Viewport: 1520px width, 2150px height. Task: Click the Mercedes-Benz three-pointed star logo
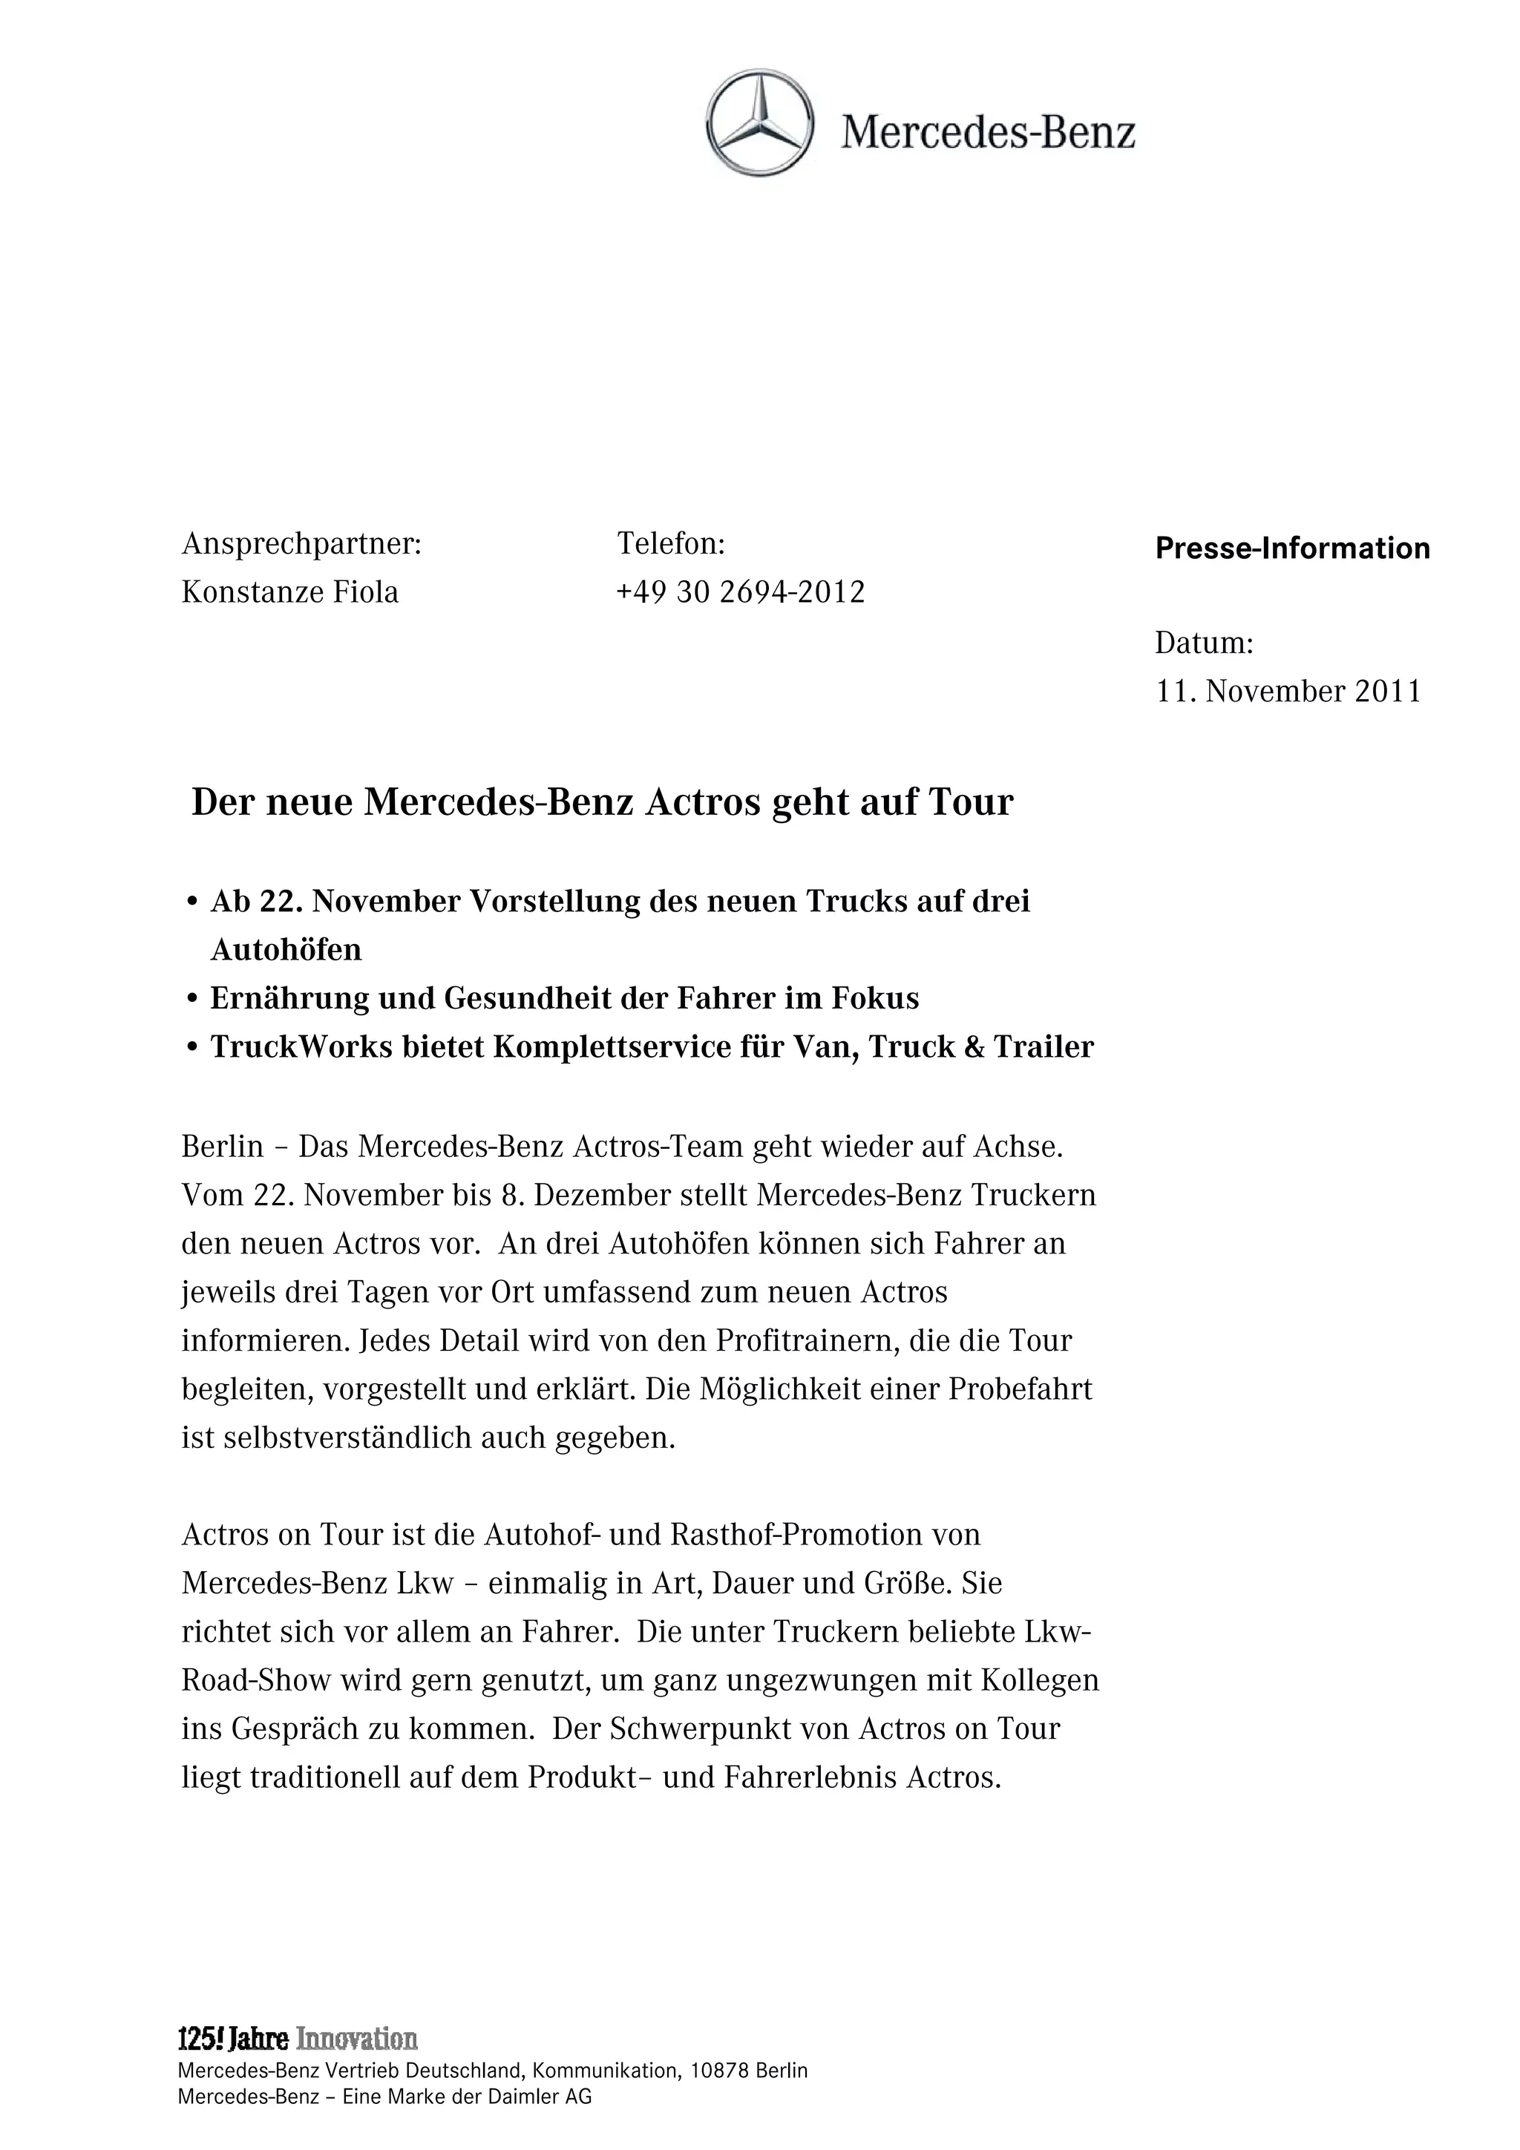click(x=759, y=122)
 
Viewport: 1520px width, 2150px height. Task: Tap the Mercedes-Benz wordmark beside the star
click(x=988, y=133)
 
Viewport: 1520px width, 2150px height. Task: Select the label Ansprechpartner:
click(x=301, y=544)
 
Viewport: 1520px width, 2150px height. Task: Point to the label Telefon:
click(x=670, y=544)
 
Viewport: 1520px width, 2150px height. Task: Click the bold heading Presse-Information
click(x=1292, y=548)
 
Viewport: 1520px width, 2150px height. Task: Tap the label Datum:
click(x=1203, y=643)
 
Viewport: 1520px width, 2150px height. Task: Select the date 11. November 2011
click(x=1288, y=692)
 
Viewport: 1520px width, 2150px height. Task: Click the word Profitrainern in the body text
click(x=806, y=1341)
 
